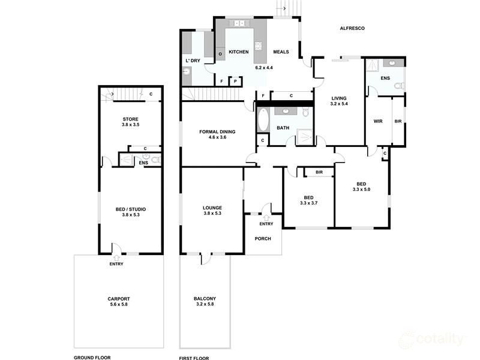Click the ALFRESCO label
click(352, 28)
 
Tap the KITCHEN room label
click(238, 52)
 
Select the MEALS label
click(281, 52)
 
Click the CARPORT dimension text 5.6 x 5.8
click(118, 305)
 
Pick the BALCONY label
click(205, 299)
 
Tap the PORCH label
click(263, 238)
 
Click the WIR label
click(378, 121)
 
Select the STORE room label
click(130, 119)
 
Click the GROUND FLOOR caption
click(92, 358)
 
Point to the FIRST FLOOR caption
click(194, 358)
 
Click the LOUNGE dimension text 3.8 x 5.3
click(212, 214)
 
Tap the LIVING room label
click(339, 98)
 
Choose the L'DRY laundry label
click(193, 61)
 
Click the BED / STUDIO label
click(130, 209)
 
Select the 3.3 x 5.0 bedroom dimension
click(361, 190)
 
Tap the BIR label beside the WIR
click(398, 121)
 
